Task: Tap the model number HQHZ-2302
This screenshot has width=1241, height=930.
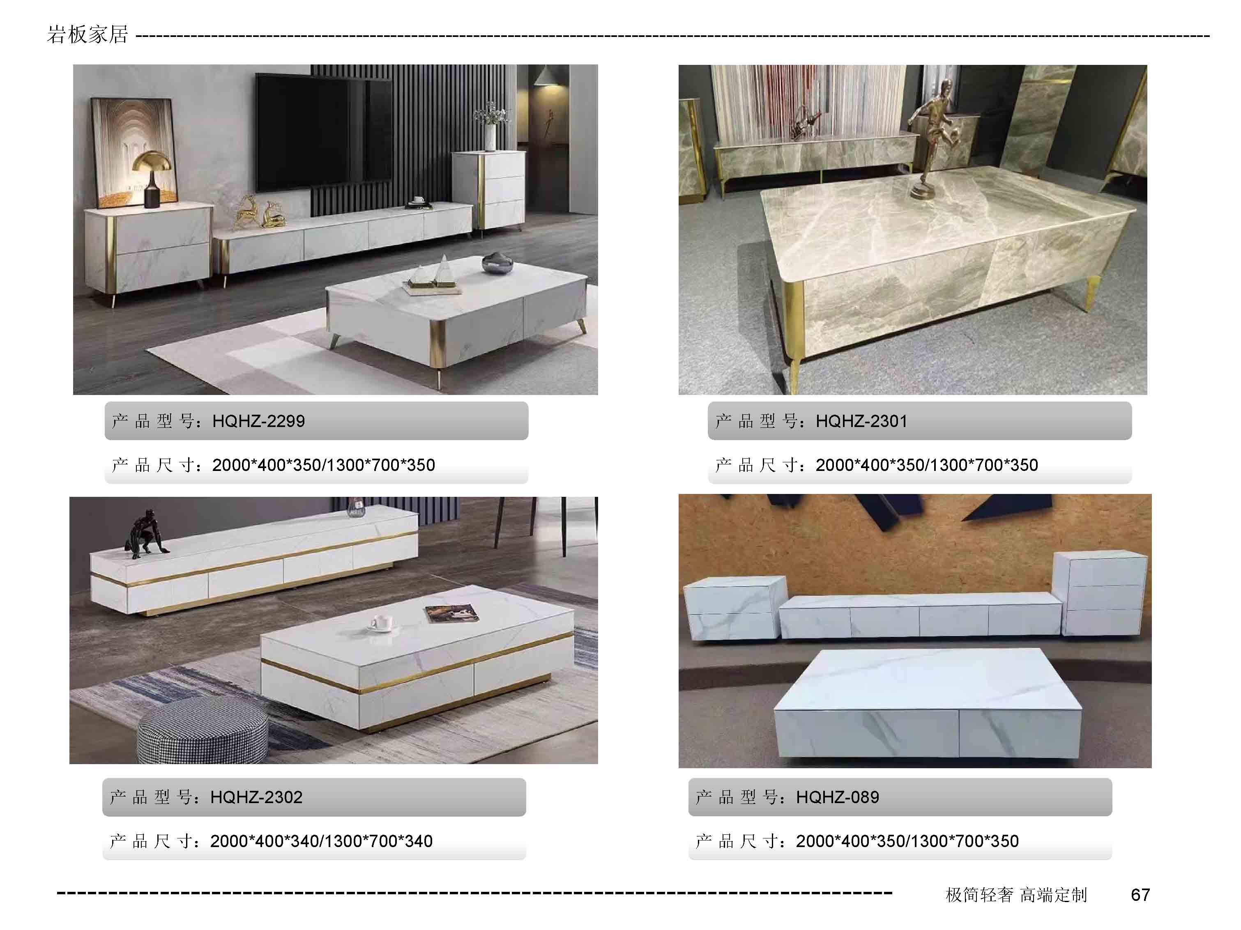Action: (256, 797)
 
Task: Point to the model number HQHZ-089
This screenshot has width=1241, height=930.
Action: (837, 797)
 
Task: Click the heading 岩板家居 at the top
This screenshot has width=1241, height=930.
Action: (87, 35)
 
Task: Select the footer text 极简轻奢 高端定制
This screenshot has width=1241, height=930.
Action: (1016, 895)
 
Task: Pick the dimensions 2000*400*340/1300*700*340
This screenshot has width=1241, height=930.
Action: (322, 841)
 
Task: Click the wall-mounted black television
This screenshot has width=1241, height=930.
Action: (323, 133)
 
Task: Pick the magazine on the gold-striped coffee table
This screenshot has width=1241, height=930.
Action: (453, 614)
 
